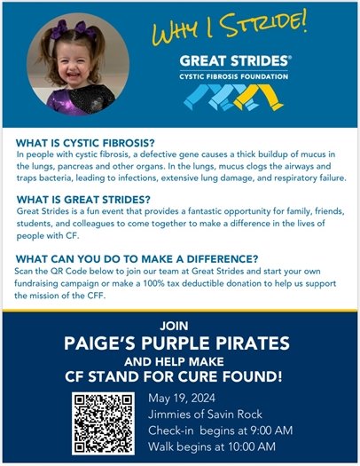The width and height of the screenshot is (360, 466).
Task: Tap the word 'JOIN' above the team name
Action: point(180,326)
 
